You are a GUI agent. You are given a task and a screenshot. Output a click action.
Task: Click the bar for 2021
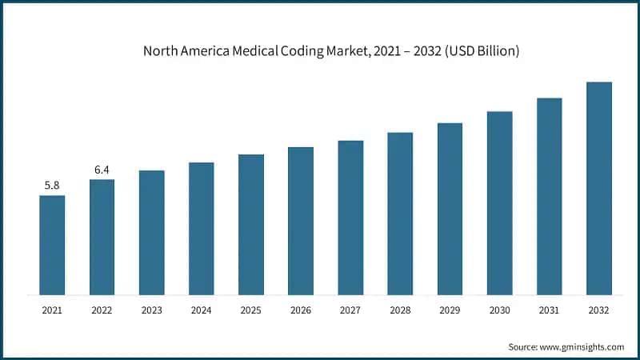click(52, 245)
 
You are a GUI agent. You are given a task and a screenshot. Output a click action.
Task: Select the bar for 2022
click(102, 237)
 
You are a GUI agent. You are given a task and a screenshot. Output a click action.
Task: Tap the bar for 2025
click(251, 224)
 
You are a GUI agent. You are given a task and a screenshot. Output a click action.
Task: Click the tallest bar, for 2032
click(598, 188)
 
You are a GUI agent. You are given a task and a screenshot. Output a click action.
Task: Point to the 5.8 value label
click(52, 186)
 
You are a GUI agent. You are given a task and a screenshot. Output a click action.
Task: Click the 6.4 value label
click(102, 170)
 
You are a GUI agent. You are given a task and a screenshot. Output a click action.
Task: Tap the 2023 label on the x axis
click(151, 310)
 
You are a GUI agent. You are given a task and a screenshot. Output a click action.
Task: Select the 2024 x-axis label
click(202, 310)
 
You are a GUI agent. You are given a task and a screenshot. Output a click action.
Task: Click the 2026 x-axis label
click(301, 310)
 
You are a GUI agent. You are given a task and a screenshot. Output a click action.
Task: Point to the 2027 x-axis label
click(350, 310)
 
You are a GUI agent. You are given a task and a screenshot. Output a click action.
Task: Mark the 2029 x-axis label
click(450, 310)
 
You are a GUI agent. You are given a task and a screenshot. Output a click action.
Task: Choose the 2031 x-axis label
click(549, 310)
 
